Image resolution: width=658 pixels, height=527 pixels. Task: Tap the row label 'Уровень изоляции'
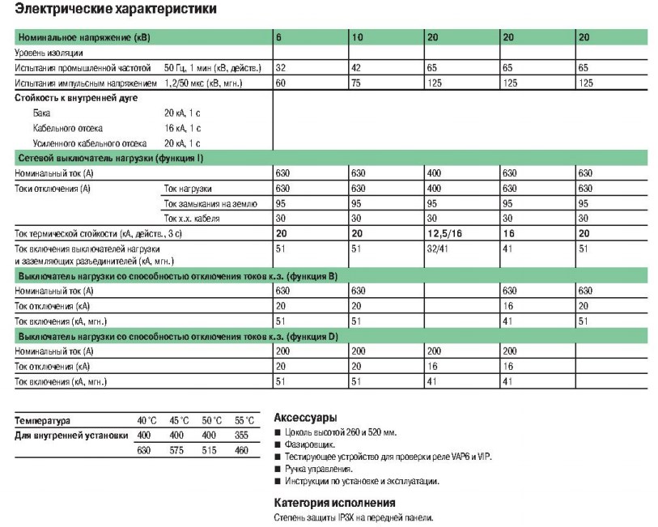[x=48, y=53]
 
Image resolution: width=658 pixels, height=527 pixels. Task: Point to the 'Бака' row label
[x=41, y=113]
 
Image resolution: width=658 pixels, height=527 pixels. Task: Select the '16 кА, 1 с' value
[x=182, y=128]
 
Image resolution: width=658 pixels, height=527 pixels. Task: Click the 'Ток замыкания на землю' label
[x=210, y=203]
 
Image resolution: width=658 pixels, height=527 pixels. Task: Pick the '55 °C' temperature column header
[x=244, y=420]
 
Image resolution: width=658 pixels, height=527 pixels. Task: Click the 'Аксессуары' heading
[x=304, y=418]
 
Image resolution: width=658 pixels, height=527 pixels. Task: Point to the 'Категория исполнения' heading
[x=328, y=502]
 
